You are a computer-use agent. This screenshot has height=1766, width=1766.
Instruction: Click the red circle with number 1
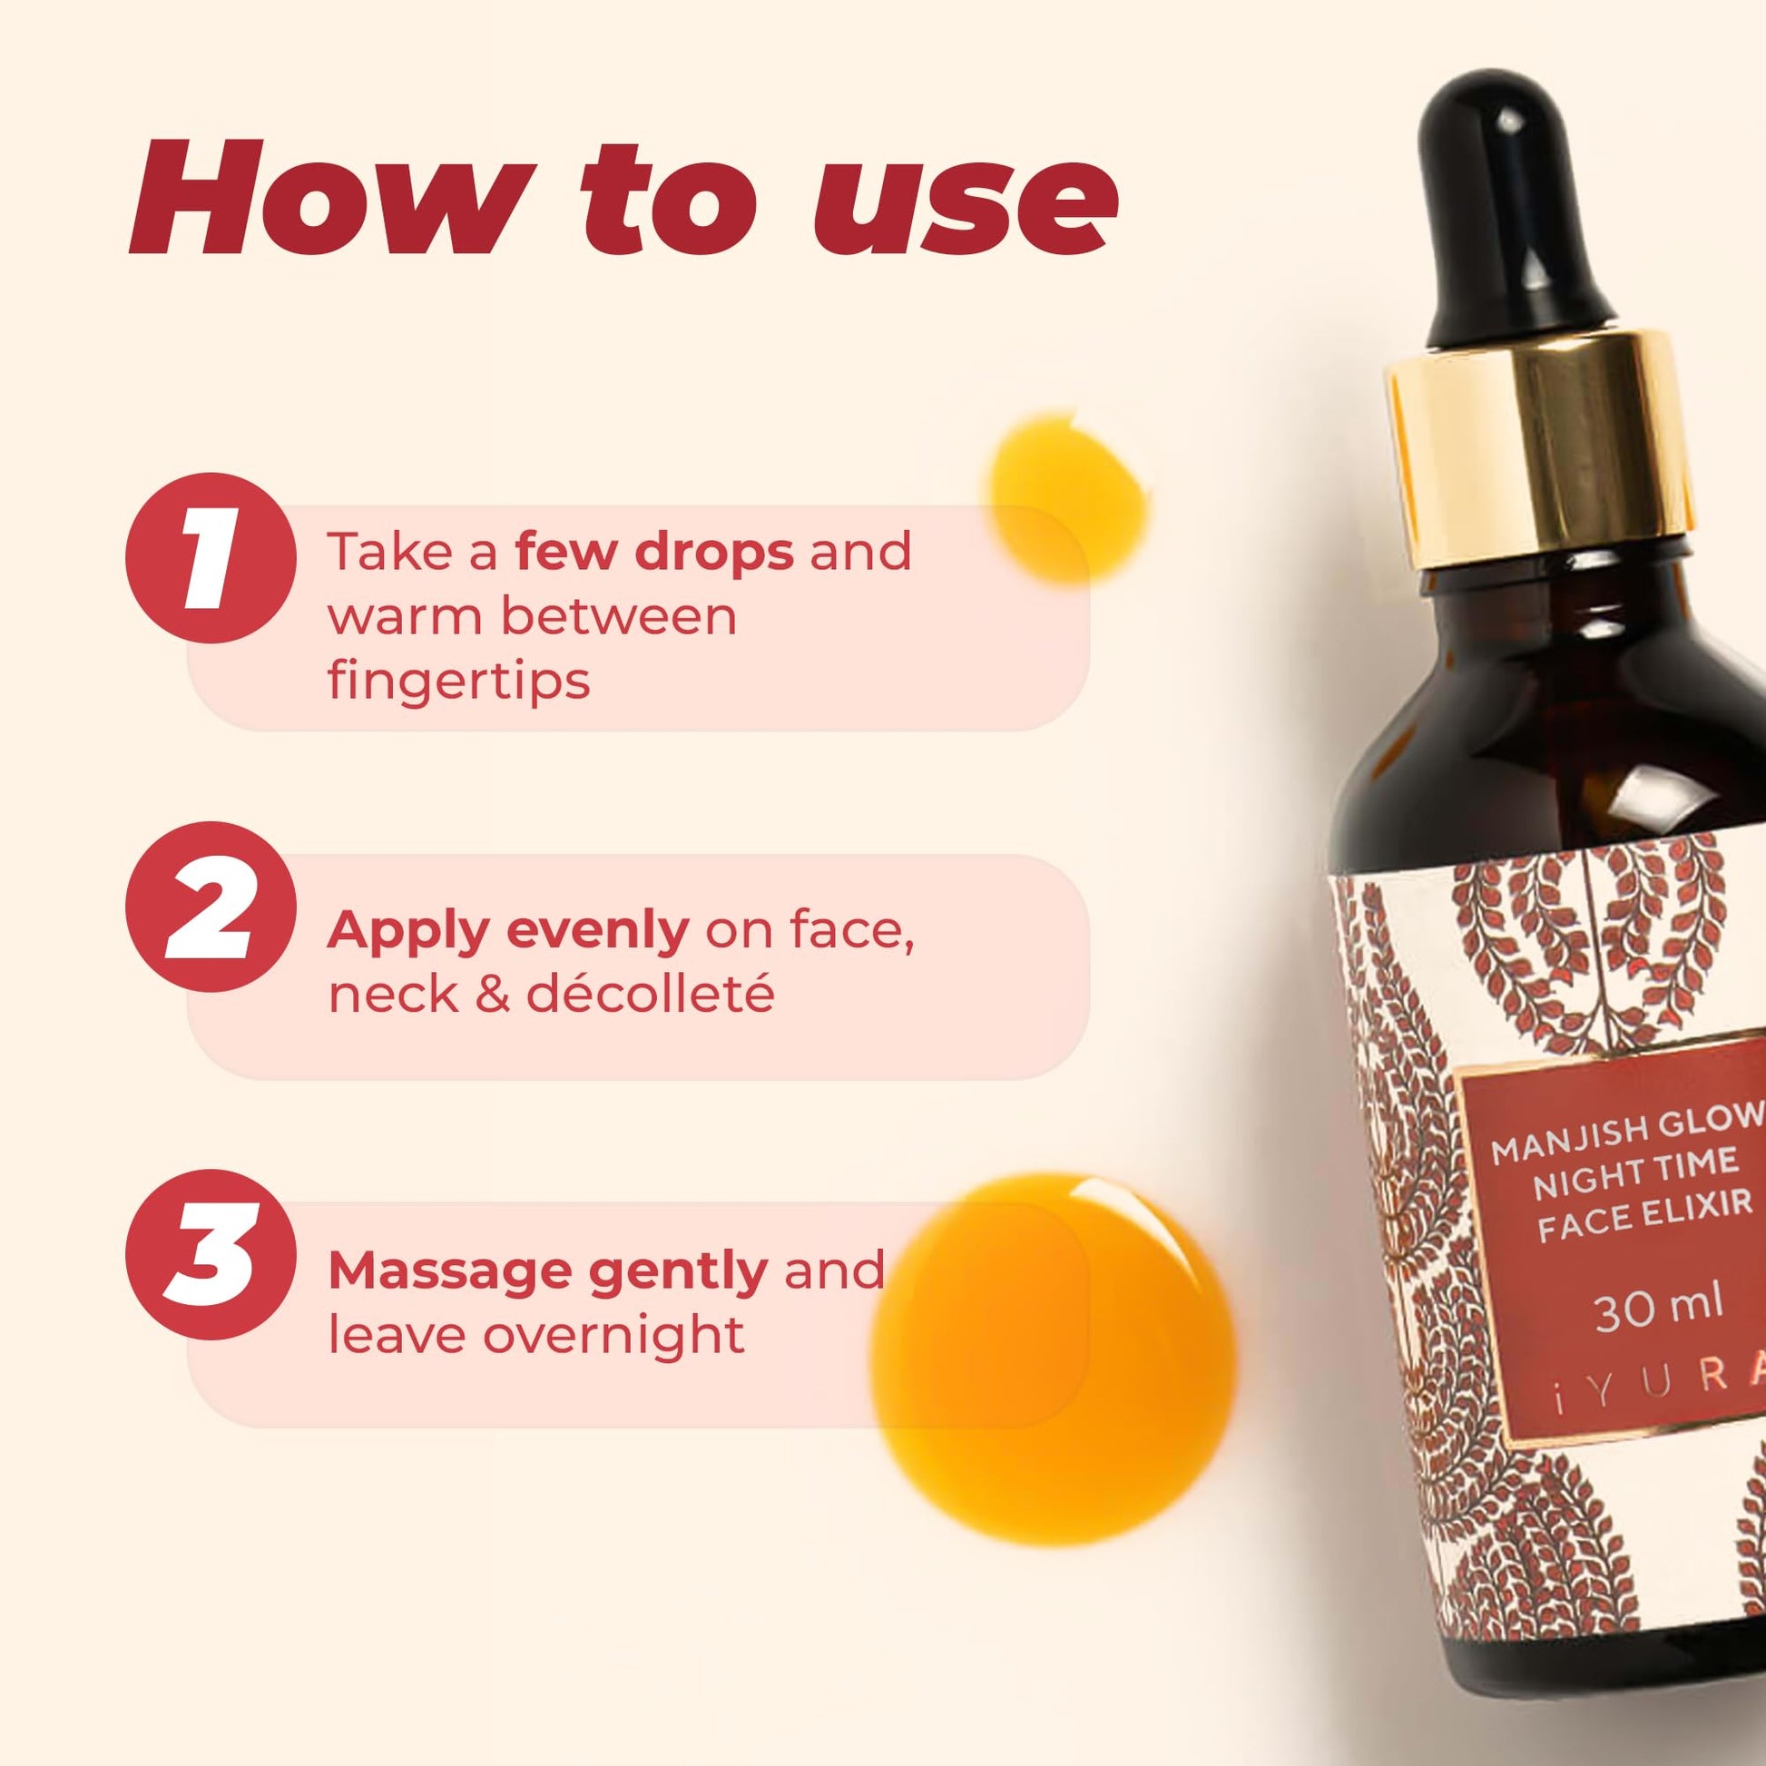coord(211,558)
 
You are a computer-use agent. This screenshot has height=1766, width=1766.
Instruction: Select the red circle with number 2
coord(211,915)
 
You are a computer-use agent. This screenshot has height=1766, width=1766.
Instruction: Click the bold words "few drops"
coord(653,551)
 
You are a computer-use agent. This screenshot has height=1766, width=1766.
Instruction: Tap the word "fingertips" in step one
coord(459,681)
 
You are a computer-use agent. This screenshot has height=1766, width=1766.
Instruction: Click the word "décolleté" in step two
coord(650,995)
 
